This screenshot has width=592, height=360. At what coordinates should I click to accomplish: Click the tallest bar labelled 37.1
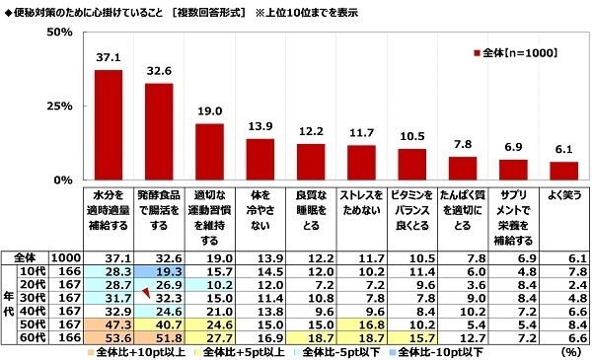[108, 125]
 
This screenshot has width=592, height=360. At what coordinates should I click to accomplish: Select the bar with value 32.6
[161, 132]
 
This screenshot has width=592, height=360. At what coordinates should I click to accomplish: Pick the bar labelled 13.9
[259, 160]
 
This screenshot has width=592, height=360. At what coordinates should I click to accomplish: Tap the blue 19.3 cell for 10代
[160, 269]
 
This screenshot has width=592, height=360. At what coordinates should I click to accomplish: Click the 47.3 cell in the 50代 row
[108, 324]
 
